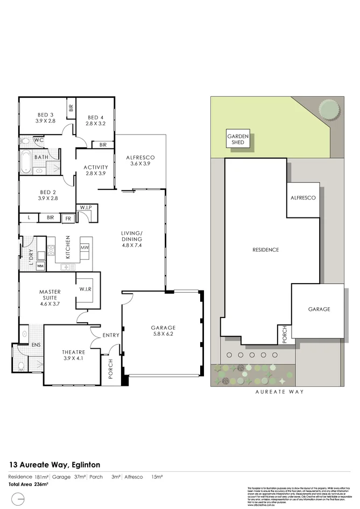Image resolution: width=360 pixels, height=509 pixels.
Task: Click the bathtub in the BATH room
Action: coord(25,162)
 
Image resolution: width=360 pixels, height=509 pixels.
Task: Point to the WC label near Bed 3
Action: coord(38,140)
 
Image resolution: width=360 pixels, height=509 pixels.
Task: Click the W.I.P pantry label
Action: coord(86,207)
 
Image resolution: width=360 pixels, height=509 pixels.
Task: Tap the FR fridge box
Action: coord(68,218)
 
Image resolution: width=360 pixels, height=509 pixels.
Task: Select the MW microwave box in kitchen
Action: coord(84,247)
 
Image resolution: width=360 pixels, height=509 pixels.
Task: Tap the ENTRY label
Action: coord(110,335)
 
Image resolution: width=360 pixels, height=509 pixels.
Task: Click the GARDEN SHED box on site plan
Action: coord(237,139)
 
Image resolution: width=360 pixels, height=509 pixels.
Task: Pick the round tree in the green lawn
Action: coord(328,110)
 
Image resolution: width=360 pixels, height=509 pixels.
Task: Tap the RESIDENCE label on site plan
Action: coord(266,250)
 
